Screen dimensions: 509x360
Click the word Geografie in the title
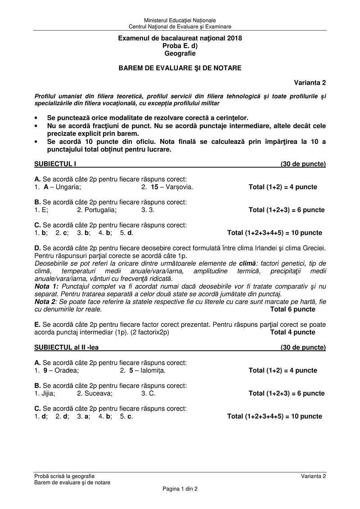tap(180, 54)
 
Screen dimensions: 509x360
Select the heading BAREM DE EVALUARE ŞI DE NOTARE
tap(180, 68)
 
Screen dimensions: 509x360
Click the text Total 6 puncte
tap(292, 309)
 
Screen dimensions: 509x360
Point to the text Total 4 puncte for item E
tap(292, 332)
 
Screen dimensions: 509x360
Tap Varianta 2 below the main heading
tap(310, 82)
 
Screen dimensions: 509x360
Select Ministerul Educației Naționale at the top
tap(180, 20)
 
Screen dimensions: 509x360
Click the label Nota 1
tap(46, 286)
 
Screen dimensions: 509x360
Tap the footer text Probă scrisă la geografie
tap(64, 476)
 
